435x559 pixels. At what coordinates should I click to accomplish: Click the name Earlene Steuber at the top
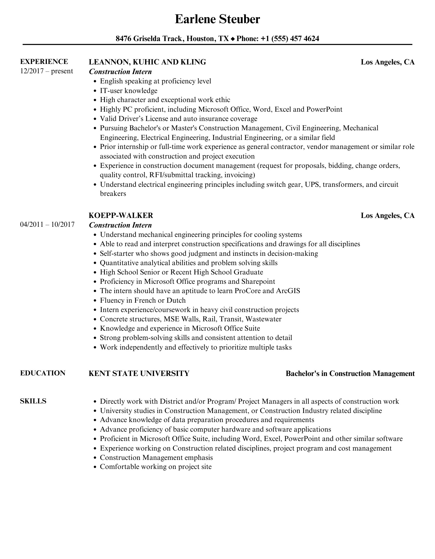coord(217,19)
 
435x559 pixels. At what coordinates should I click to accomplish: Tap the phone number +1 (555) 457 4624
coord(290,39)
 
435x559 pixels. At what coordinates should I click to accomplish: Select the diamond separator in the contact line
coord(233,39)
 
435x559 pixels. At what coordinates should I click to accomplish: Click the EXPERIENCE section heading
coord(44,62)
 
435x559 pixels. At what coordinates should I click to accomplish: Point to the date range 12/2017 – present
coord(46,71)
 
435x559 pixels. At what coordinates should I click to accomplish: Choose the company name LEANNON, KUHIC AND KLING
coord(147,62)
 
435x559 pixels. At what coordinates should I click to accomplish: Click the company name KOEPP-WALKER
coord(121,215)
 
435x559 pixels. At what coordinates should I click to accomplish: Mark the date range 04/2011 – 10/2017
coord(47,224)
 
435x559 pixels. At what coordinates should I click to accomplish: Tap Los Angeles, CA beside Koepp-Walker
coord(388,215)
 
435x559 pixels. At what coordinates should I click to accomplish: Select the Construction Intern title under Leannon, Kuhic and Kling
coord(120,72)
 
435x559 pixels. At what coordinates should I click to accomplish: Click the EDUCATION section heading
coord(43,373)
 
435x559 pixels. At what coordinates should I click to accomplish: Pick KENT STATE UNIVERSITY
coord(139,373)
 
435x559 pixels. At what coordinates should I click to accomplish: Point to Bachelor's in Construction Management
coord(350,374)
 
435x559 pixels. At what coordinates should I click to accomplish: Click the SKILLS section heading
coord(33,401)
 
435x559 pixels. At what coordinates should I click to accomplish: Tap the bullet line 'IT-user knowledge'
coord(128,91)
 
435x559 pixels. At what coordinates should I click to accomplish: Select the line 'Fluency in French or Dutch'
coord(143,300)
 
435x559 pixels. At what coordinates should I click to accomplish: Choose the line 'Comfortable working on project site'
coord(156,467)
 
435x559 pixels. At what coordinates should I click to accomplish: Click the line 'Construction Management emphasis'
coord(156,457)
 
